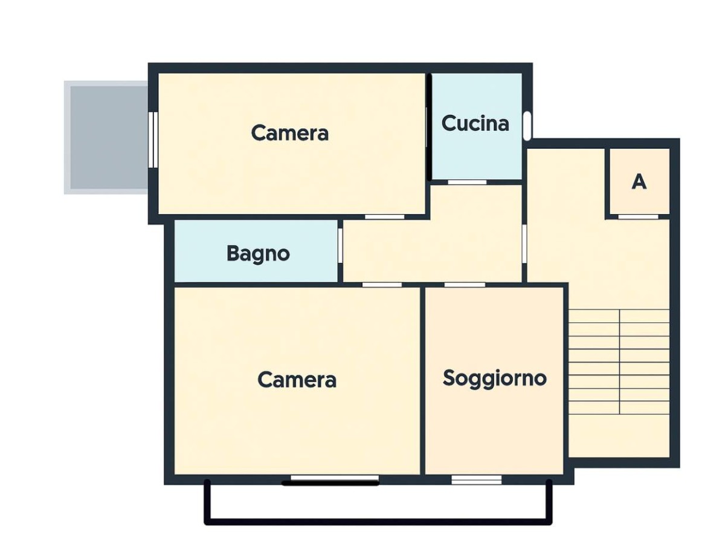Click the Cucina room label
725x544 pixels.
475,124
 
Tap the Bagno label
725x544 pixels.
258,254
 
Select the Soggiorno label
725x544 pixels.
494,378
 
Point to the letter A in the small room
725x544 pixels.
639,181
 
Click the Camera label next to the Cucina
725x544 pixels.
289,133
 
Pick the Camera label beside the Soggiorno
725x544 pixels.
297,380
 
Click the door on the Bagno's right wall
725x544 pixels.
340,246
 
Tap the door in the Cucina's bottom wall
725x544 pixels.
467,182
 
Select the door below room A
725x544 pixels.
638,216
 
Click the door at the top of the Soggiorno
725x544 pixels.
465,285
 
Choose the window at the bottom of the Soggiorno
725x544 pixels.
476,479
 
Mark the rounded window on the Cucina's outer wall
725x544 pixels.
527,126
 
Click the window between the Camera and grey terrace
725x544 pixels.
153,140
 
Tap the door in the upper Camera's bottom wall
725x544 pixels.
384,216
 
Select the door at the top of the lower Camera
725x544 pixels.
382,285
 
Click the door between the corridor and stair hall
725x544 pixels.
524,244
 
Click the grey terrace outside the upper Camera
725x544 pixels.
106,137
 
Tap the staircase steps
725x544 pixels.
619,361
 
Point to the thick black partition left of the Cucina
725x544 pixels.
429,127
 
